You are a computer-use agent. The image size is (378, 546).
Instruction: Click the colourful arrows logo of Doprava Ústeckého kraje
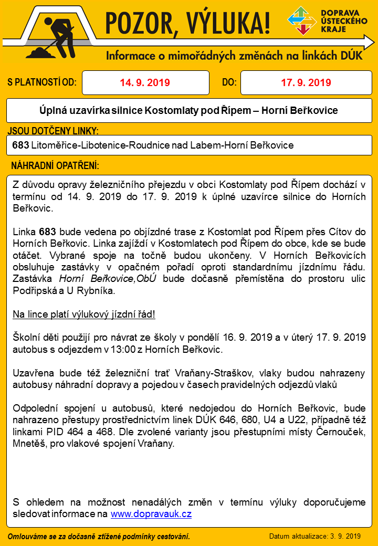(302, 21)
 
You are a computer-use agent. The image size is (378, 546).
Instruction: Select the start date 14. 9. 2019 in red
(145, 82)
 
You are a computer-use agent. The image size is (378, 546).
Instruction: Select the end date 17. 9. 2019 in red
(306, 82)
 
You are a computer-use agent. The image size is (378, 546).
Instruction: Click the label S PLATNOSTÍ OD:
(42, 82)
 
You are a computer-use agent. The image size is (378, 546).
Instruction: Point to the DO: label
(229, 82)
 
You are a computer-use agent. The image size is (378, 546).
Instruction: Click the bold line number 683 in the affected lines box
(20, 144)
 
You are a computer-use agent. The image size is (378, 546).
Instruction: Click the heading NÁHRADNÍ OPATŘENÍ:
(55, 165)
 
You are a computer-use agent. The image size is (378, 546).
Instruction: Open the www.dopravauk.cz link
(151, 513)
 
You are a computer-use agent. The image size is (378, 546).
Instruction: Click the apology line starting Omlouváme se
(99, 536)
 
